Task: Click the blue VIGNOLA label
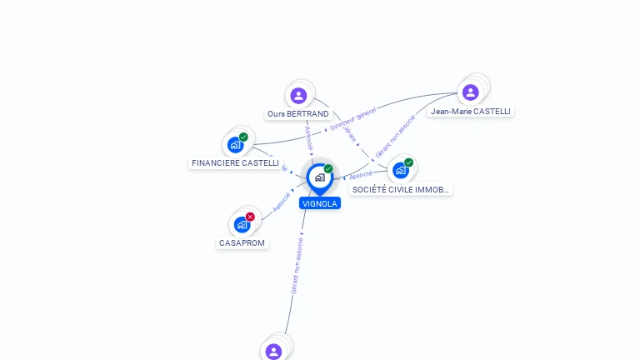(x=320, y=202)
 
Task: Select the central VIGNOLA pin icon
(x=319, y=177)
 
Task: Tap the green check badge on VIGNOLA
(x=328, y=169)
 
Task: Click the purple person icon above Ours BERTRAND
(x=299, y=95)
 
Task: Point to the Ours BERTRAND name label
(x=297, y=113)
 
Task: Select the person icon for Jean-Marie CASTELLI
(x=470, y=92)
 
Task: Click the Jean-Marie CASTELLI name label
(x=470, y=111)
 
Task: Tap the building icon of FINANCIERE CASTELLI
(x=236, y=144)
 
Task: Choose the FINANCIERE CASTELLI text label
(x=235, y=163)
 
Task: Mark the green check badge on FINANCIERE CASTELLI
(x=243, y=137)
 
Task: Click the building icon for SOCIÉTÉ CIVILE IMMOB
(x=401, y=170)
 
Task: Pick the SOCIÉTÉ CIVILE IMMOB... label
(x=401, y=190)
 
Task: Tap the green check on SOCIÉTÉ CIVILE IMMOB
(x=408, y=162)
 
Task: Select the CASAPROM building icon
(x=242, y=224)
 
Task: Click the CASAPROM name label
(x=242, y=243)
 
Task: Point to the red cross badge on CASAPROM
(x=250, y=217)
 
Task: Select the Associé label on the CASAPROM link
(x=282, y=202)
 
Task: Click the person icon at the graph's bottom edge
(x=274, y=351)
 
